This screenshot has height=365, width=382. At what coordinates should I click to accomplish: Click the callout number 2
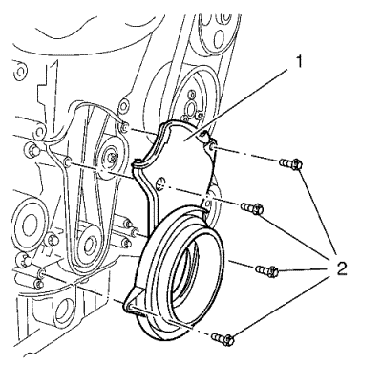[338, 268]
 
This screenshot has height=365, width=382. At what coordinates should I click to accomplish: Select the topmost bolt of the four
[290, 164]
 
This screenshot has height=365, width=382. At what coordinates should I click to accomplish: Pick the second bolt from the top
[252, 208]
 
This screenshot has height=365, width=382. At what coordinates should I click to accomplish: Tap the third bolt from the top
[267, 271]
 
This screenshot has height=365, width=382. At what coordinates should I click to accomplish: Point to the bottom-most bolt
[223, 338]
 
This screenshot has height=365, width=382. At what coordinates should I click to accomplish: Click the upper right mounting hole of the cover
[212, 147]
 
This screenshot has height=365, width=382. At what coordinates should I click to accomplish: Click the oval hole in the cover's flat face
[161, 182]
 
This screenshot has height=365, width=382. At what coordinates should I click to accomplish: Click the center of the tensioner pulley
[111, 158]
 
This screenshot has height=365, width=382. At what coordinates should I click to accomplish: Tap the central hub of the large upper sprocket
[191, 108]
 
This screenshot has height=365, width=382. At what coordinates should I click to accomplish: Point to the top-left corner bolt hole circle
[19, 72]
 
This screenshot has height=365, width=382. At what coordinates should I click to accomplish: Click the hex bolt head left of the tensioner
[32, 149]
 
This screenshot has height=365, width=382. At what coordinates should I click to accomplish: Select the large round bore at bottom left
[65, 311]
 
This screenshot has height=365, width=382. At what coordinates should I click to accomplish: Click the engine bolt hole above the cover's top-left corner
[125, 128]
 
